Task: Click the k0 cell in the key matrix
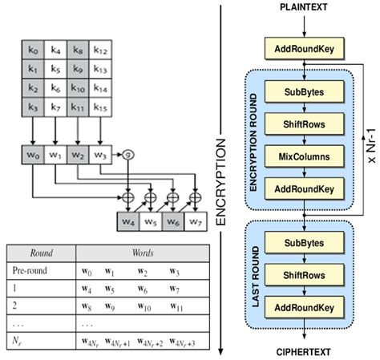pos(34,51)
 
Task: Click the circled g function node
pos(127,153)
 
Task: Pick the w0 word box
pos(34,153)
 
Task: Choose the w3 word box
pos(101,153)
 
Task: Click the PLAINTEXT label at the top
pos(304,7)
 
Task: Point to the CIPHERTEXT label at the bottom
pos(304,351)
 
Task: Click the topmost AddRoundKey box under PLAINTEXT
pos(304,50)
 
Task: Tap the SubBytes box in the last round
pos(304,241)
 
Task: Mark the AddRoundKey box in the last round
pos(304,308)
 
